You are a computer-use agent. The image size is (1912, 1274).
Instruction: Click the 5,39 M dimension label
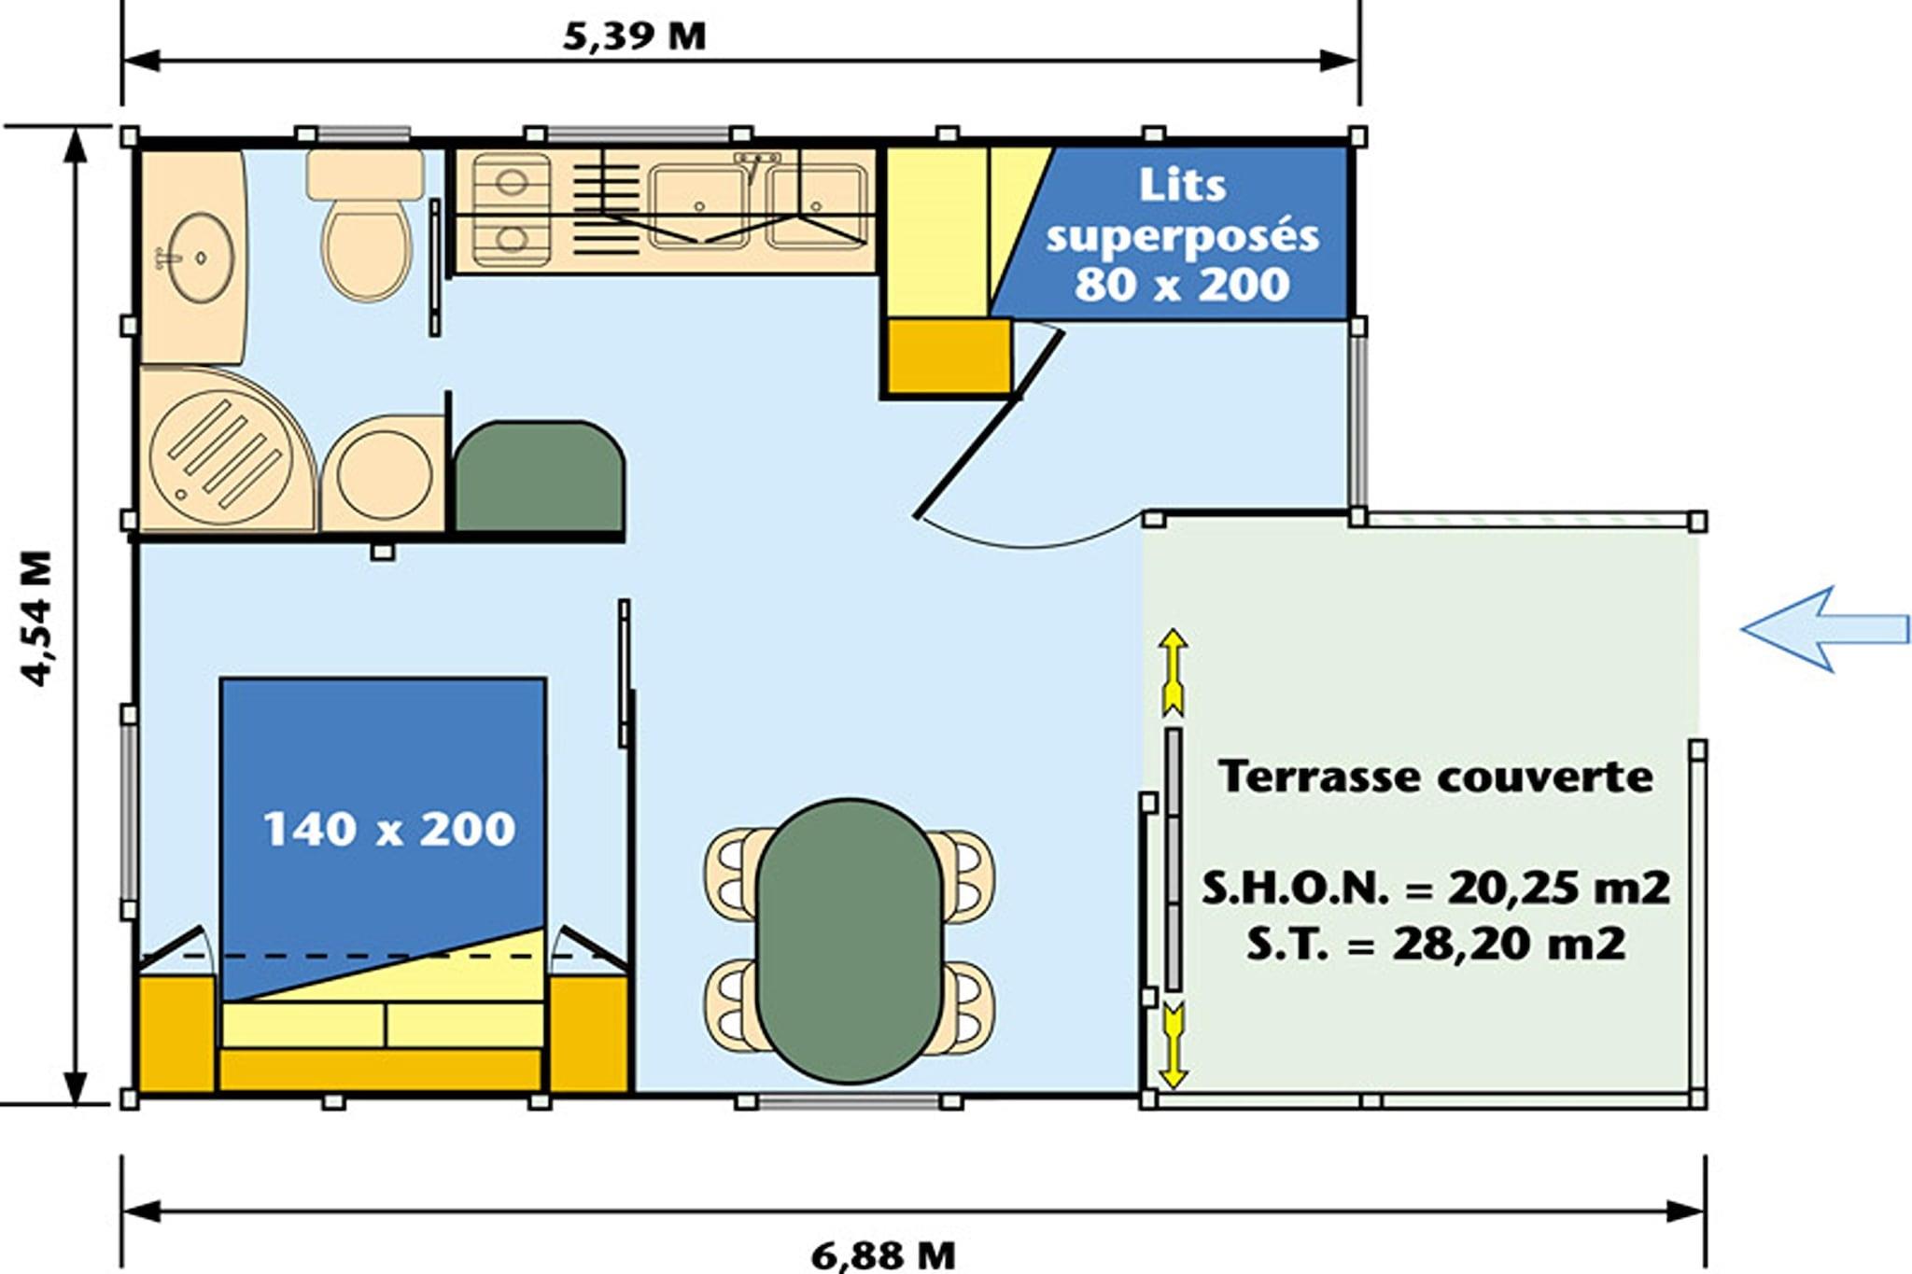point(635,36)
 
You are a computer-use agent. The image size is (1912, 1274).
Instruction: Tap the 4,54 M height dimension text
point(38,619)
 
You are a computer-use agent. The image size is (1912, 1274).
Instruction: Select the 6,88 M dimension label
point(883,1255)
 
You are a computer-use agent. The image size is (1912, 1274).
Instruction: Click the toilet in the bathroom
point(367,224)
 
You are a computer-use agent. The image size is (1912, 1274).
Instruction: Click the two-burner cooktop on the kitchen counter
point(511,210)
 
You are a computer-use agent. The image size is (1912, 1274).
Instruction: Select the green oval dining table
point(849,940)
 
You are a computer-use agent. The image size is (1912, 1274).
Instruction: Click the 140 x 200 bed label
point(388,829)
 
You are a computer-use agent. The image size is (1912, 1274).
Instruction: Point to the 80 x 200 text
point(1182,284)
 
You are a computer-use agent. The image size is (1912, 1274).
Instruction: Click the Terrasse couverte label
point(1436,777)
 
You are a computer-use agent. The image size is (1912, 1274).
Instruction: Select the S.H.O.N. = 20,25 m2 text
point(1436,887)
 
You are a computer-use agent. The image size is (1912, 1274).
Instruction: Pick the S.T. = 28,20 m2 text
point(1436,944)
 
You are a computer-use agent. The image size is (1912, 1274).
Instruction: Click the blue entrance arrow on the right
point(1825,629)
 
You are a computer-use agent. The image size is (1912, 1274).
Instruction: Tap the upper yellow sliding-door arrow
point(1174,673)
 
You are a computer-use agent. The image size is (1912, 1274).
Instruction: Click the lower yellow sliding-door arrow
point(1174,1045)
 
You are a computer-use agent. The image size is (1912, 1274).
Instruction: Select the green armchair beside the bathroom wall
point(539,477)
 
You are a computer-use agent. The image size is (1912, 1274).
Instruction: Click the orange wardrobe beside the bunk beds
point(949,356)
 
